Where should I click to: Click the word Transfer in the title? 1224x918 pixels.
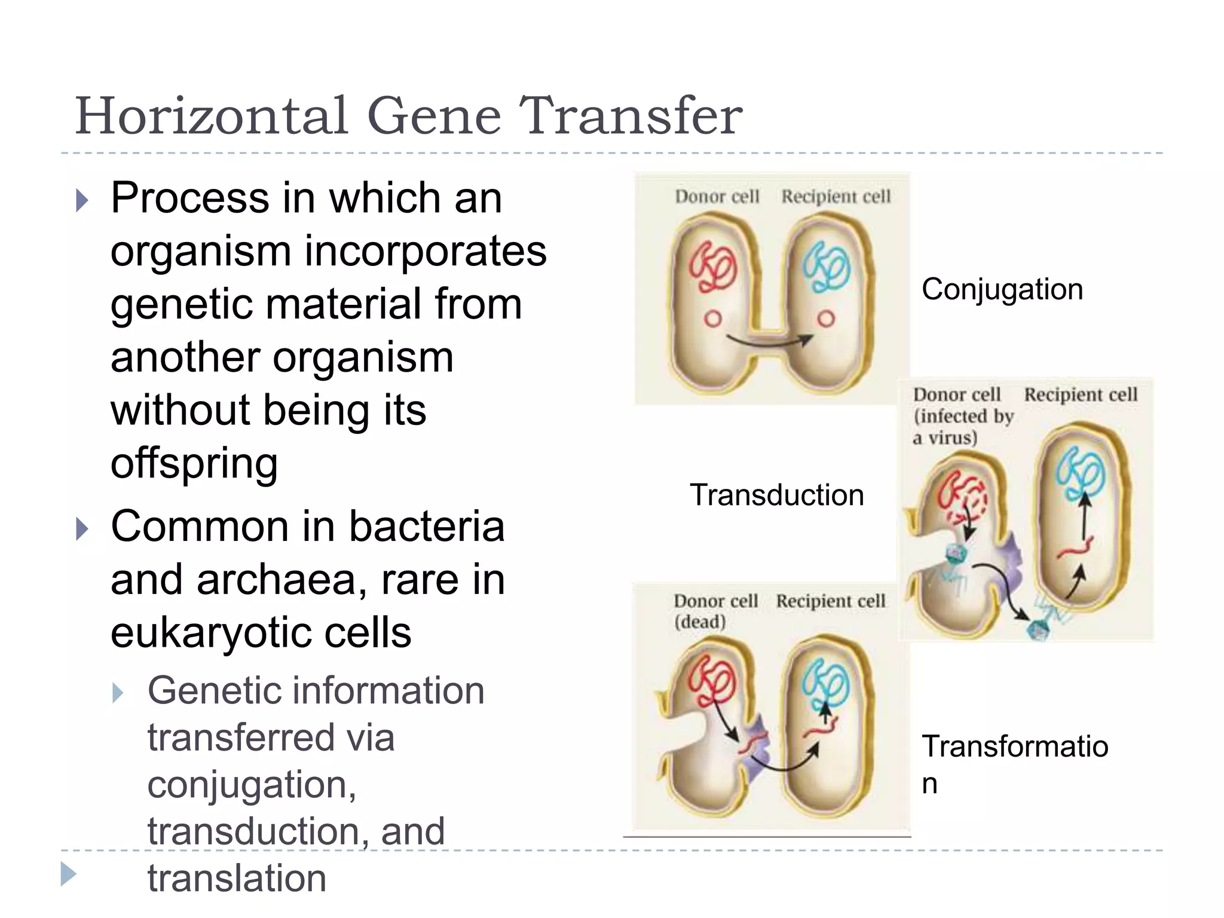click(631, 116)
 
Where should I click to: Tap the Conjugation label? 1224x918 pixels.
click(1002, 290)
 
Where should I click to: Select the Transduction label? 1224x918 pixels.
click(776, 495)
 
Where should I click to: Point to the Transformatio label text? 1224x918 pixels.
click(1014, 747)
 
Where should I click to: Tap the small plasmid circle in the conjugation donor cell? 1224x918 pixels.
click(712, 319)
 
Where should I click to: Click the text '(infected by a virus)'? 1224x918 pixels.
click(962, 427)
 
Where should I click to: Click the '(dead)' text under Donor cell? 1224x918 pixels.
click(699, 622)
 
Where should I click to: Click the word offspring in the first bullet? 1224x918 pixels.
click(194, 463)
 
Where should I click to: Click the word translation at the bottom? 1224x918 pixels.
click(237, 879)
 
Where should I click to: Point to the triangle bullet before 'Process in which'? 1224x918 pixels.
click(82, 201)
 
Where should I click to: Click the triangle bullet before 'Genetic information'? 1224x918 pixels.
click(118, 693)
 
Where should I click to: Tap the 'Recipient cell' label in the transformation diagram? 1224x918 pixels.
click(830, 601)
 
